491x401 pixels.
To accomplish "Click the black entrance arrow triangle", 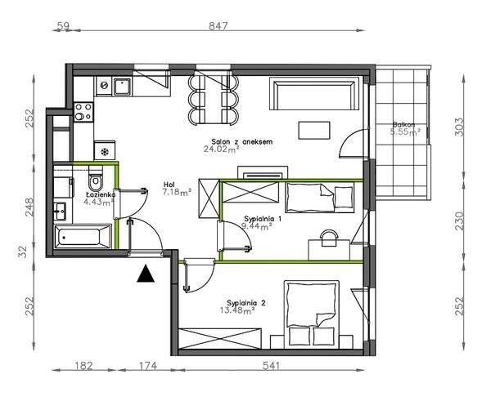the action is tap(146, 274).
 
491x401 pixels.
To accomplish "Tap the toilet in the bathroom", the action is tap(96, 179).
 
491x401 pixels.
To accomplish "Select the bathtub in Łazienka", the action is tap(83, 237).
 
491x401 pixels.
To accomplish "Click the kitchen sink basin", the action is tap(122, 87).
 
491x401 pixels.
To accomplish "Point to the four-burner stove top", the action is tap(83, 112).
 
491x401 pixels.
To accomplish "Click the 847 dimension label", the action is tap(218, 26).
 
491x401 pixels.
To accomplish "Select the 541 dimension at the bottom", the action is tap(271, 365).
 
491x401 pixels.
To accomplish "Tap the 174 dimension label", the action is tap(148, 365).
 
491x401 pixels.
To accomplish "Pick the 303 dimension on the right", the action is tap(458, 127).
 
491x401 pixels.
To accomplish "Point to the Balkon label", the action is tap(404, 124).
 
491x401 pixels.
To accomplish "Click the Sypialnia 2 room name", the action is tap(246, 303).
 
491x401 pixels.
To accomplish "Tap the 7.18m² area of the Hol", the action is tap(177, 192).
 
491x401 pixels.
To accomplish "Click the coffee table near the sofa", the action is tap(314, 131).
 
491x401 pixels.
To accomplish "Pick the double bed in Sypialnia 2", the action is tap(312, 314).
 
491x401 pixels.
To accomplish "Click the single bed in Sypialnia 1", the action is tap(319, 198).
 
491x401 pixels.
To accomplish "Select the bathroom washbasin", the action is tap(60, 212).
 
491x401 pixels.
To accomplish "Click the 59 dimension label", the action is tap(63, 26).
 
